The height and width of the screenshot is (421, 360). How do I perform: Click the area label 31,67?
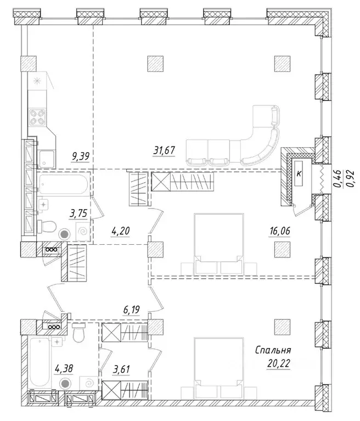click(164, 150)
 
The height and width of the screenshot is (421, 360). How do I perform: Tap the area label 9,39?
click(80, 156)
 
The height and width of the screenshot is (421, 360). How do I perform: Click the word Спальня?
click(273, 350)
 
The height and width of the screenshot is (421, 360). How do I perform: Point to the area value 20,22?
click(279, 364)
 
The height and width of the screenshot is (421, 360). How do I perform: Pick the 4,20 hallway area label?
click(120, 231)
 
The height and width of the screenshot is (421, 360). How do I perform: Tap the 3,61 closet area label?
click(121, 369)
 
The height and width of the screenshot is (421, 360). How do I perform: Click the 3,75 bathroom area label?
click(78, 214)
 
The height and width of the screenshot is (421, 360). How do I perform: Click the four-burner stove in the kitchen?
click(37, 117)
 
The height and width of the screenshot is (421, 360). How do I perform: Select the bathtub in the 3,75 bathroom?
click(63, 184)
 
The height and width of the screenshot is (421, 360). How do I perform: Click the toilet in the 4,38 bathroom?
click(78, 333)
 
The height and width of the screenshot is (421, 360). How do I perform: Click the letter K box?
click(299, 173)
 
